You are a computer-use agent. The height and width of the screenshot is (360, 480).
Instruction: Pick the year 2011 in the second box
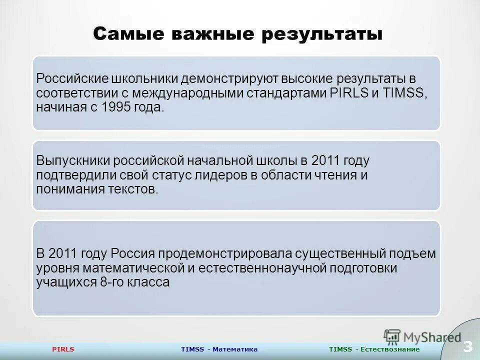point(325,161)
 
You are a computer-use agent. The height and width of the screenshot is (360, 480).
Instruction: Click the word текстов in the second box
point(139,189)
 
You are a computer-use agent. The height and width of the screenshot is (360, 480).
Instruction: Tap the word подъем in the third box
point(414,253)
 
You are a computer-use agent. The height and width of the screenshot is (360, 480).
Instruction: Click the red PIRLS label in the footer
point(63,349)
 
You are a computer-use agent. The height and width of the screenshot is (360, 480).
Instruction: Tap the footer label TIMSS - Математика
point(219,349)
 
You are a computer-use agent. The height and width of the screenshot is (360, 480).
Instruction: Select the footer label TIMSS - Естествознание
point(374,349)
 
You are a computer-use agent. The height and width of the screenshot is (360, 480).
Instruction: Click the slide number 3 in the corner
point(467,346)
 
